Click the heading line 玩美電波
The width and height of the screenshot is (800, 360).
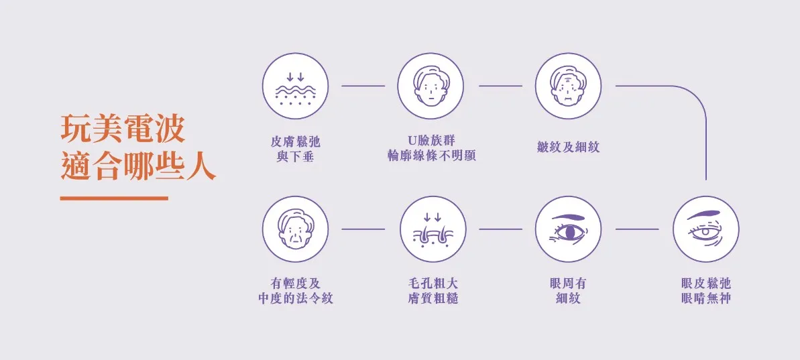coord(123,129)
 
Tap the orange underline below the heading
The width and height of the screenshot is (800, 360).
coord(114,198)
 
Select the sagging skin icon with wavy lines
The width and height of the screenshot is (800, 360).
coord(295,86)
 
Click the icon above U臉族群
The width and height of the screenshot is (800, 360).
coord(431,86)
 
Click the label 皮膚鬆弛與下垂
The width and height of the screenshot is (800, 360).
coord(295,149)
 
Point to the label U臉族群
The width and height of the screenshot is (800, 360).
coord(431,141)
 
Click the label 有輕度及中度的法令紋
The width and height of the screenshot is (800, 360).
coord(295,291)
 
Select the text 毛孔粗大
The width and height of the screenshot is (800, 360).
coord(431,284)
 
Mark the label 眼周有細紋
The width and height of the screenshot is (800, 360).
coord(568,291)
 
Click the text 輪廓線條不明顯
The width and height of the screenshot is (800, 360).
coord(431,156)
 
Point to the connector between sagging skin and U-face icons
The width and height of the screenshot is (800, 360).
coord(363,86)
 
